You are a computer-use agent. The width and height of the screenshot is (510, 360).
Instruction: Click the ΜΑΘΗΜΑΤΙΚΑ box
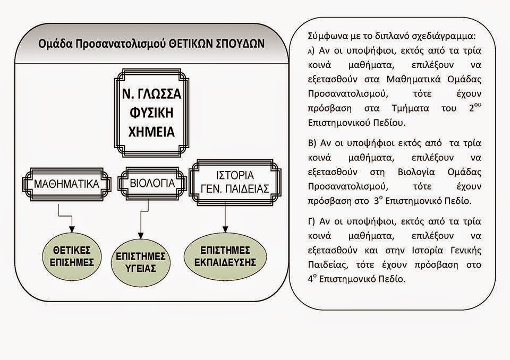pos(67,184)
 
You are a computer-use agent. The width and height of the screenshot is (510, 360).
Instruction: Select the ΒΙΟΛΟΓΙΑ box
pos(152,183)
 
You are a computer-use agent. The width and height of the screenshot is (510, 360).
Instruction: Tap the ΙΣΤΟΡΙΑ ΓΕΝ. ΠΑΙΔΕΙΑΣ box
pos(235,182)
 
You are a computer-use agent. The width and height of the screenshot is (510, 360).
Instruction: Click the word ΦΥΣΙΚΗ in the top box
pos(151,113)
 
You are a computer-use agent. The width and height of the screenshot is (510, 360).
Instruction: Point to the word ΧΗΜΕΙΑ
pos(151,132)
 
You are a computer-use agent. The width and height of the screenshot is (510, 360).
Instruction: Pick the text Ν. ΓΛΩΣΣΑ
pos(151,94)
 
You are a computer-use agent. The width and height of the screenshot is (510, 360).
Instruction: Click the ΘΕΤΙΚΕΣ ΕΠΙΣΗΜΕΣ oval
pos(72,256)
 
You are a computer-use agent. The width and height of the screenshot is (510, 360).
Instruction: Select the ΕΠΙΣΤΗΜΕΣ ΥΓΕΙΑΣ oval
pos(140,262)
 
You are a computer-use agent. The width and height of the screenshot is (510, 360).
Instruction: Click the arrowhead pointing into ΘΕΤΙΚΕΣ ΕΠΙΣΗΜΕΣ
pos(72,229)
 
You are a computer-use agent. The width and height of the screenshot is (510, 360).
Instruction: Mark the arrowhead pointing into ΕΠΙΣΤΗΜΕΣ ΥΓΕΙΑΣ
pos(140,235)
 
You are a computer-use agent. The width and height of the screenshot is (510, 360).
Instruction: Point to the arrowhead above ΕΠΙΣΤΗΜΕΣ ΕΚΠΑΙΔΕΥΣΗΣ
pos(225,229)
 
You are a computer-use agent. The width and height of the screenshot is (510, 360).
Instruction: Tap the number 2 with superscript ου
pos(475,107)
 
